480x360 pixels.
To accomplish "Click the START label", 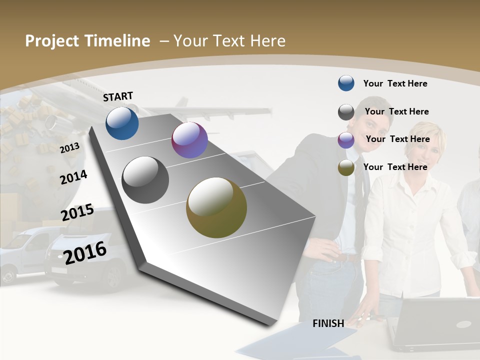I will [118, 96].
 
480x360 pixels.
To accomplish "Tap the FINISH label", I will [328, 323].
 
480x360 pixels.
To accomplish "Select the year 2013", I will [69, 148].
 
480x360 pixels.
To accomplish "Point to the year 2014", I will [73, 177].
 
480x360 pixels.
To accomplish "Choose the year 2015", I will [77, 212].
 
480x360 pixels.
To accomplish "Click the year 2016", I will [85, 252].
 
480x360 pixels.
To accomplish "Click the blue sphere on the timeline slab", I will [122, 123].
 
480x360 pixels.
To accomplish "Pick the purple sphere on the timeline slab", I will [189, 140].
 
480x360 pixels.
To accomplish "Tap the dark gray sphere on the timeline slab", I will [145, 180].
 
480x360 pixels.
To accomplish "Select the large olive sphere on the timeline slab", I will [216, 207].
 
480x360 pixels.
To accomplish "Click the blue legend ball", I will [346, 83].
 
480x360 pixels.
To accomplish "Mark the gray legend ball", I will [346, 112].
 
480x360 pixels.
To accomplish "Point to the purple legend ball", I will [346, 140].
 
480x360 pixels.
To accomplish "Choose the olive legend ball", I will [346, 167].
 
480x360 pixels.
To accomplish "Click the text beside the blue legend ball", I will [395, 83].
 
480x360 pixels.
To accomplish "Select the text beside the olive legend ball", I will [395, 167].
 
